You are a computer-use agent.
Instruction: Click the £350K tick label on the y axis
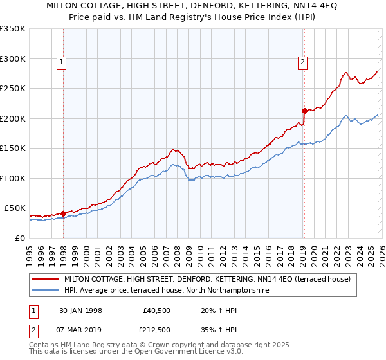pos(13,29)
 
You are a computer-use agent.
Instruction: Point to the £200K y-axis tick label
pos(13,118)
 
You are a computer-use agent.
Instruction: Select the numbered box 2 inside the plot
pos(302,62)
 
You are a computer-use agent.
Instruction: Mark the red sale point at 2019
pos(304,111)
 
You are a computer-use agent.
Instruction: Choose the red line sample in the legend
pos(46,279)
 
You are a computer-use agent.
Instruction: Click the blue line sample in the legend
pos(46,291)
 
